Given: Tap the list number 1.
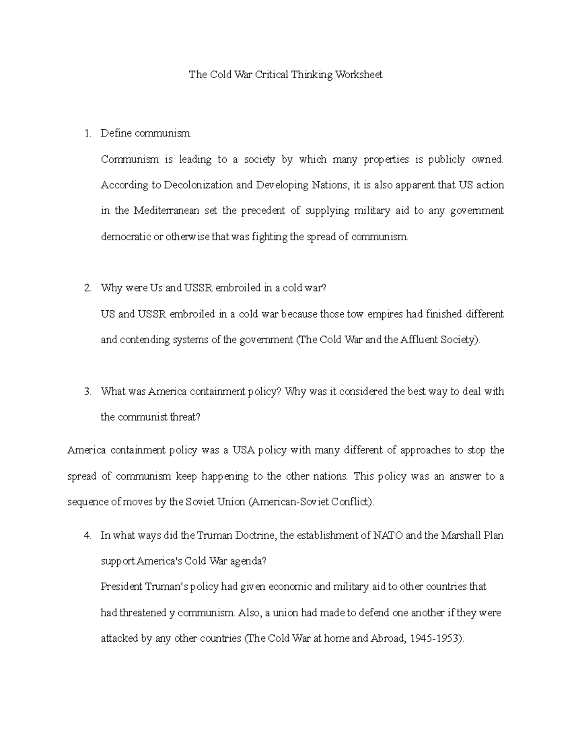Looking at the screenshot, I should point(87,133).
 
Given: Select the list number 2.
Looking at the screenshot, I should point(87,288).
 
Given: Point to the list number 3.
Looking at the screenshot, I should point(87,392).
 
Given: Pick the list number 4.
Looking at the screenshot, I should point(87,536).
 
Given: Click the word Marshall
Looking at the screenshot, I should point(460,536).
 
